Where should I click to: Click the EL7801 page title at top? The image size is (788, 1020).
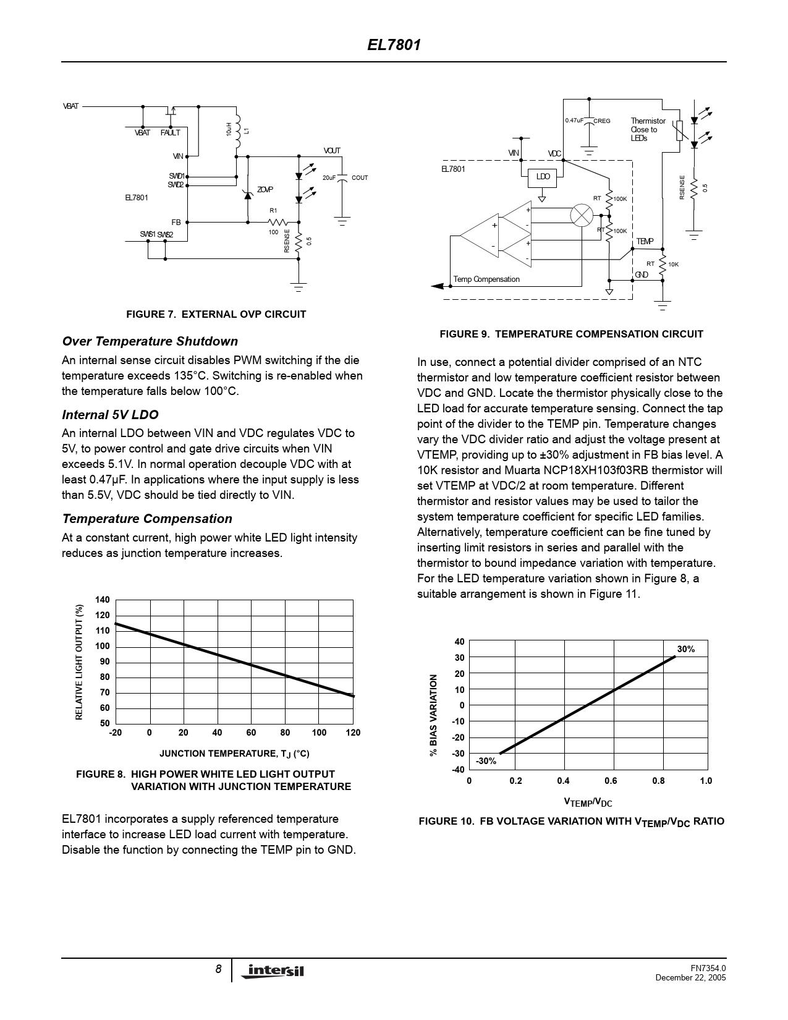[394, 45]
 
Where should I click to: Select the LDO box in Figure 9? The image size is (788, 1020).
[543, 177]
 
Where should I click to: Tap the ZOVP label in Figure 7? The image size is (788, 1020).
[265, 190]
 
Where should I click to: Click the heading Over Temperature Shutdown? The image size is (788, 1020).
[150, 341]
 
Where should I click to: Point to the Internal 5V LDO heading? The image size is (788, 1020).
[110, 415]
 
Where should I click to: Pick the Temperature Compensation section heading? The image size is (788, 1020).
[147, 519]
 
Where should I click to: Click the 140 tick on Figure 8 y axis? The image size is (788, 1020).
[103, 600]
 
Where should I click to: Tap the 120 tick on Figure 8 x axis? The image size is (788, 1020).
[353, 733]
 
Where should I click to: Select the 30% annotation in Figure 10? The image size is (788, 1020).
[685, 649]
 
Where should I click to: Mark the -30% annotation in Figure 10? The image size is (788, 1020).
[486, 761]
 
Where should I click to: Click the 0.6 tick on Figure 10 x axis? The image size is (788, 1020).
[611, 781]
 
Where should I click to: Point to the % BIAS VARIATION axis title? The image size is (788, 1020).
[434, 715]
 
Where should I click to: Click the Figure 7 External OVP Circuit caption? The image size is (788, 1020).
[216, 314]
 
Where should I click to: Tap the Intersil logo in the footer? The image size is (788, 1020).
[276, 971]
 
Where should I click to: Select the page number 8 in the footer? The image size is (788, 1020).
[218, 969]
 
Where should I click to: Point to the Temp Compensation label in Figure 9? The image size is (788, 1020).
[486, 279]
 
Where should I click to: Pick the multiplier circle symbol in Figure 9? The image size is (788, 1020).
[581, 216]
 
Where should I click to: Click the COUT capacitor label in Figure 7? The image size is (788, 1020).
[359, 178]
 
